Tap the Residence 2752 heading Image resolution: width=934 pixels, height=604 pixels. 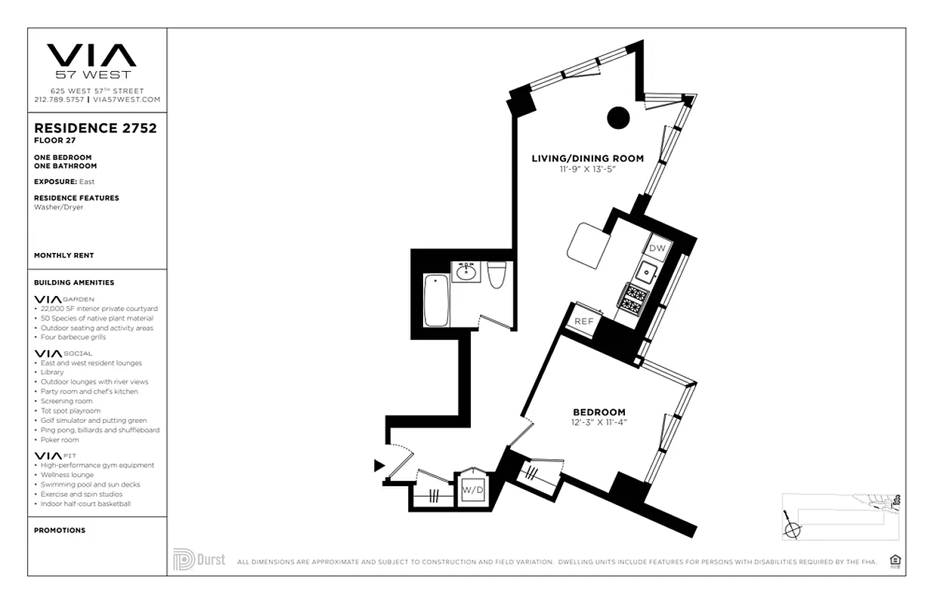(95, 128)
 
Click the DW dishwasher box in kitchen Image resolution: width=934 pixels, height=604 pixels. (657, 248)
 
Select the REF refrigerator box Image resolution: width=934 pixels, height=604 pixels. (584, 321)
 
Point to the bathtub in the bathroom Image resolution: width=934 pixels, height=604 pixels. (437, 300)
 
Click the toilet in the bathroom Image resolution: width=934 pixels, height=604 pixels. (496, 276)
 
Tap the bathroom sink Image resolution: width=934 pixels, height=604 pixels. (465, 272)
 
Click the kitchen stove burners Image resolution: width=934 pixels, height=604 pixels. (632, 297)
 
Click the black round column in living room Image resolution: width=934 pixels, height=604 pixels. (619, 117)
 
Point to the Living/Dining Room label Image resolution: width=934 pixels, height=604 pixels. (587, 159)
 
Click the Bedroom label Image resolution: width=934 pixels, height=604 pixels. (599, 412)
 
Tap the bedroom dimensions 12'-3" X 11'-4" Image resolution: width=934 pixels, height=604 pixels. (600, 422)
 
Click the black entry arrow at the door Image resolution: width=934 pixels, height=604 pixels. (379, 467)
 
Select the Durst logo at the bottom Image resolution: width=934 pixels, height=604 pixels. (199, 559)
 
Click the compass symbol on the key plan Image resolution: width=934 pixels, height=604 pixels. (792, 528)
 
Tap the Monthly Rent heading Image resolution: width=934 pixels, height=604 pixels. (64, 256)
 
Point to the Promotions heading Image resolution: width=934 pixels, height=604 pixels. (60, 531)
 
